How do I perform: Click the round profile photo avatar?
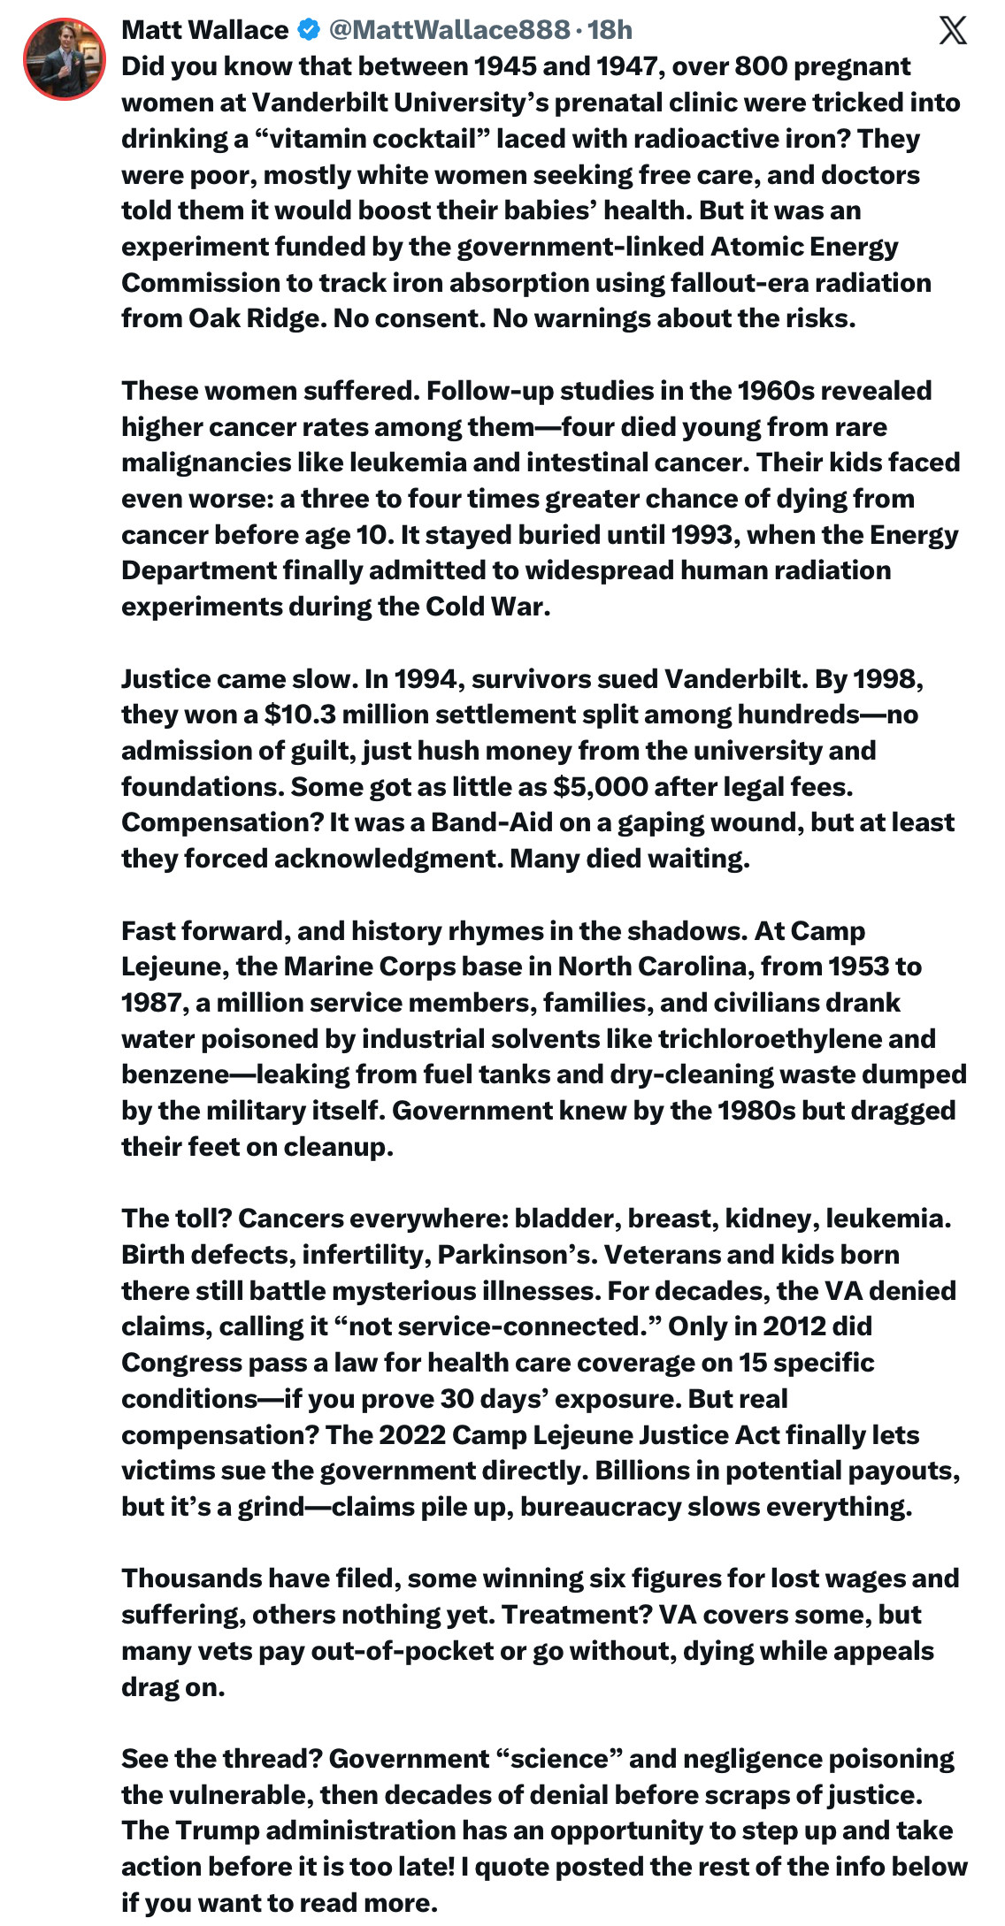(65, 58)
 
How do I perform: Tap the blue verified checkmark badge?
(308, 30)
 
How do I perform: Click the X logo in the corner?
(952, 31)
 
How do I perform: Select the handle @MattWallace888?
(449, 30)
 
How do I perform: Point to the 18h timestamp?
(610, 30)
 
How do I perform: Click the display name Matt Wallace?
(204, 30)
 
